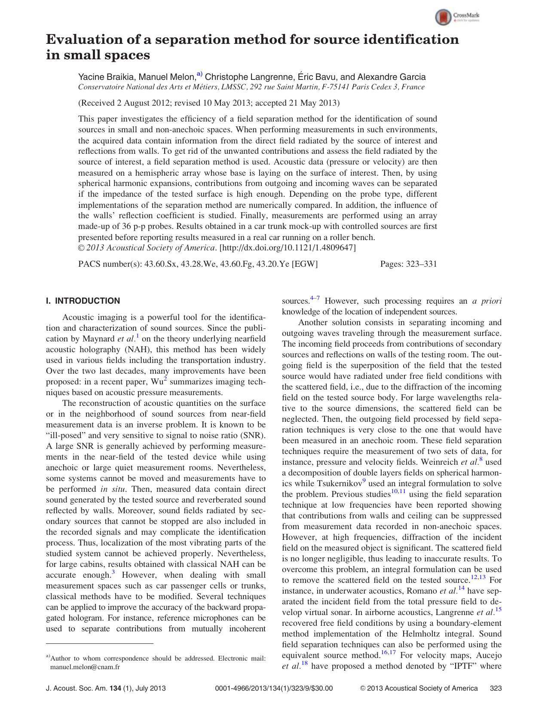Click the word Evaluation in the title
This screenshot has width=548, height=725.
pos(87,40)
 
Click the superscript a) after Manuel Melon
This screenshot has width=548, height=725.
pos(199,74)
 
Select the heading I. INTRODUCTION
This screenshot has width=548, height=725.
pos(83,301)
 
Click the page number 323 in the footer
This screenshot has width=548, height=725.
pos(496,688)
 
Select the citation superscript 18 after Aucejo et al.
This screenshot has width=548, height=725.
pos(304,663)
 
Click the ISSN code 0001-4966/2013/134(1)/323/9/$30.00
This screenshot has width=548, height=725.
pos(273,688)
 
